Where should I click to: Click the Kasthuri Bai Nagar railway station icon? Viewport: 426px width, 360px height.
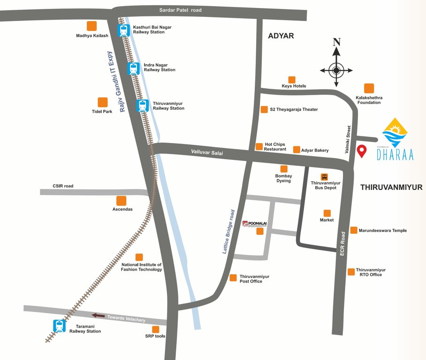pos(124,30)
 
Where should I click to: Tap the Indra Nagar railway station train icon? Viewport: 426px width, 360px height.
pos(134,68)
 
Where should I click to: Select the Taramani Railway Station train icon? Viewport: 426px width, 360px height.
pos(60,326)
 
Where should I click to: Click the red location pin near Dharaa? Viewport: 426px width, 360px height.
pos(362,151)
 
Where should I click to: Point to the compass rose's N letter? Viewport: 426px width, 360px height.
pos(336,42)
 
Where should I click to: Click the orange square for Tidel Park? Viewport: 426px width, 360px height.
pos(102,102)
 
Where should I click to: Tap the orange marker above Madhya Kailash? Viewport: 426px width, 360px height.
pos(92,26)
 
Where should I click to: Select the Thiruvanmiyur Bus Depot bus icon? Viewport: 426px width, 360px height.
pos(324,177)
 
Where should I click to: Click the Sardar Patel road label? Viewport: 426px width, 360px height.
pos(181,10)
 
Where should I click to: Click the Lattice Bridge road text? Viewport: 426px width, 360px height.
pos(228,232)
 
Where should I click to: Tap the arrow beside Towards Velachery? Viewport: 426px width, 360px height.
pos(99,315)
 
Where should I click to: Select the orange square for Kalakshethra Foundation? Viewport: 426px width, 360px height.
pos(369,88)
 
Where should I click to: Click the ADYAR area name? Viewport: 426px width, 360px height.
pos(281,36)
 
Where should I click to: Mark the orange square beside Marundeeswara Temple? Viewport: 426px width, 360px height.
pos(353,230)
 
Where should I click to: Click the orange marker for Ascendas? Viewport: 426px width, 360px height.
pos(122,201)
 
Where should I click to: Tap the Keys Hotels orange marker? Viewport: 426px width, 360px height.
pos(292,80)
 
